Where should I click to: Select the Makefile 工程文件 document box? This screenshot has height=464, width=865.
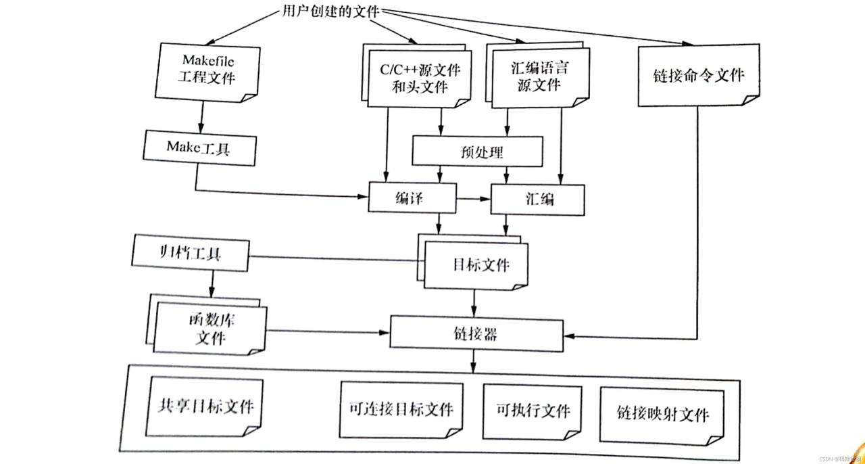pos(207,70)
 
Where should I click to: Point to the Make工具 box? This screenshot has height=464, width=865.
pos(200,148)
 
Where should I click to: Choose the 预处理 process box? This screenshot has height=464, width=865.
pos(477,152)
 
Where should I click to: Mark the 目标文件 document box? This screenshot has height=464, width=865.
pos(476,264)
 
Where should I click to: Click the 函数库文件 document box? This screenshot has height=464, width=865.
pos(210,328)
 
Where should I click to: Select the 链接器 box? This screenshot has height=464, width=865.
pos(477,333)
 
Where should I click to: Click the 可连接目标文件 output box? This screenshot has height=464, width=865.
pos(401,410)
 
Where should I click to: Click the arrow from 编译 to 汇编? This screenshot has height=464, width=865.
pos(474,199)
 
